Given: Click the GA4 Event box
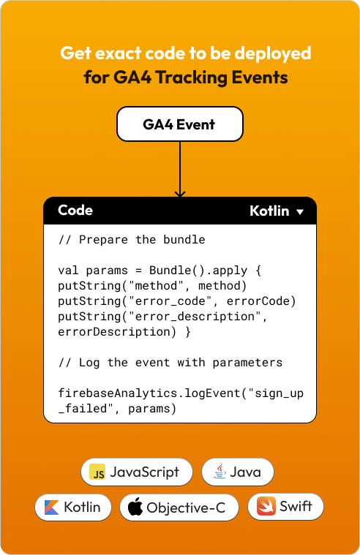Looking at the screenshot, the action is (180, 124).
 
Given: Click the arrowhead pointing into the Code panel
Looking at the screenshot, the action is (180, 194).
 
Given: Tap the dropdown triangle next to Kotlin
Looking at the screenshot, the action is (300, 212).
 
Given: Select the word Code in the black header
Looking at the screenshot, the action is (75, 211).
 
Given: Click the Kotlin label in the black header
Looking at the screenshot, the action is (269, 211).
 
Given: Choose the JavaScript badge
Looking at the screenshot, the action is (137, 472).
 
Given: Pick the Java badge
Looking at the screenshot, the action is (238, 472).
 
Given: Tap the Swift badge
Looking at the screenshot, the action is (285, 507).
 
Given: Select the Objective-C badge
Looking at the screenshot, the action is (179, 507).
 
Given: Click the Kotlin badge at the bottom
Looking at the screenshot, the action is (73, 507).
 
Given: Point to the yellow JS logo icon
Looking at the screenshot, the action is (97, 472).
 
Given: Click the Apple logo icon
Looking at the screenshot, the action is (135, 507).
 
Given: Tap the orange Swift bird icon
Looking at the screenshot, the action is (266, 506).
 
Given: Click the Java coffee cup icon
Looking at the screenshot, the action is (220, 471).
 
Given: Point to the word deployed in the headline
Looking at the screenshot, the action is (273, 54).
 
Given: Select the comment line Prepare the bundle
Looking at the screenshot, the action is (132, 240).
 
